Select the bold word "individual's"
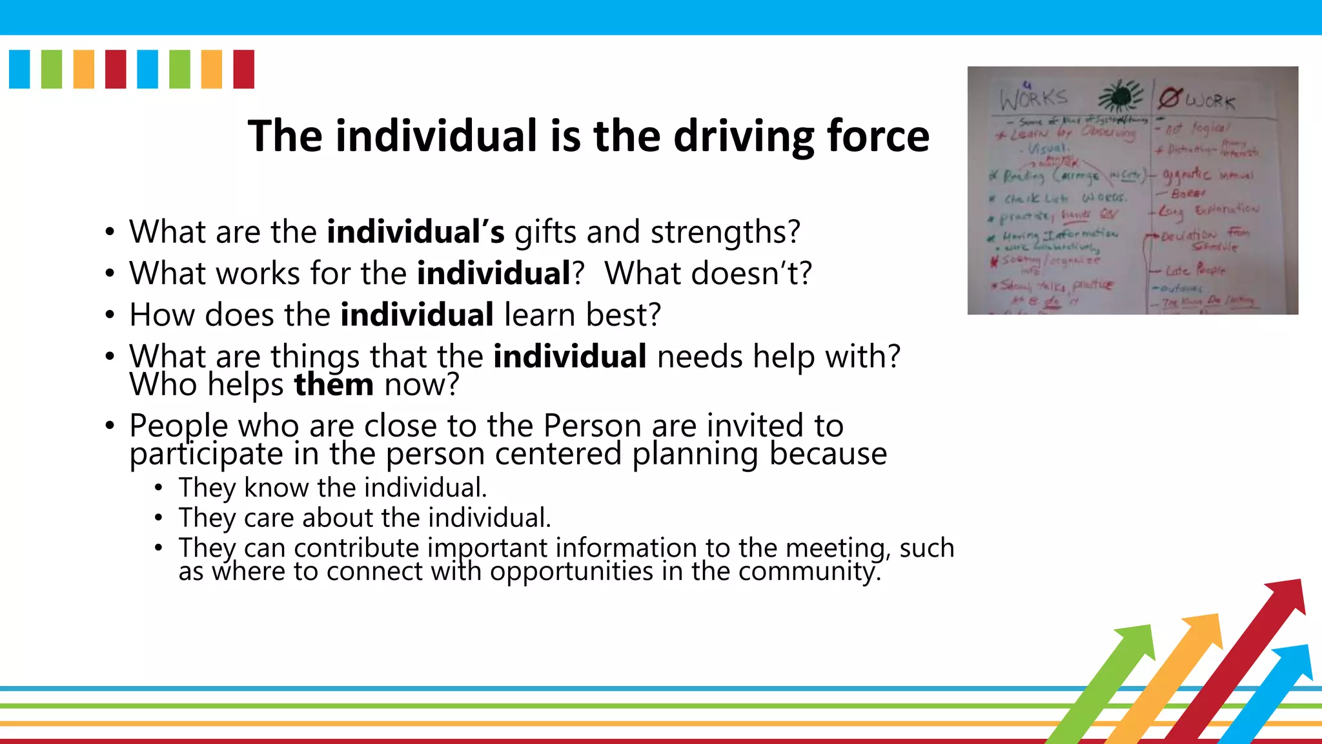click(415, 232)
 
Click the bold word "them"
click(334, 385)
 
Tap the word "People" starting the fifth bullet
click(179, 426)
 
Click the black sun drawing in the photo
click(1121, 98)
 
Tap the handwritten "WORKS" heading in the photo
click(1033, 99)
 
